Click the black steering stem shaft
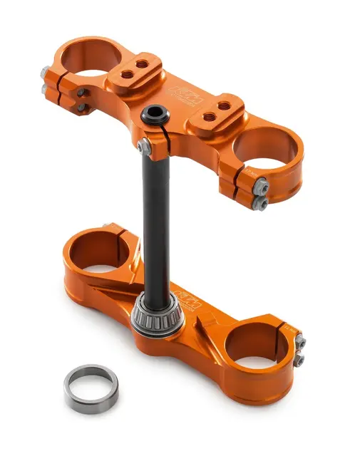point(155,214)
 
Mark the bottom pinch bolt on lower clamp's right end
point(300,359)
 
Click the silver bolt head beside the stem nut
point(143,146)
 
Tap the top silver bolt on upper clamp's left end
point(45,72)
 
